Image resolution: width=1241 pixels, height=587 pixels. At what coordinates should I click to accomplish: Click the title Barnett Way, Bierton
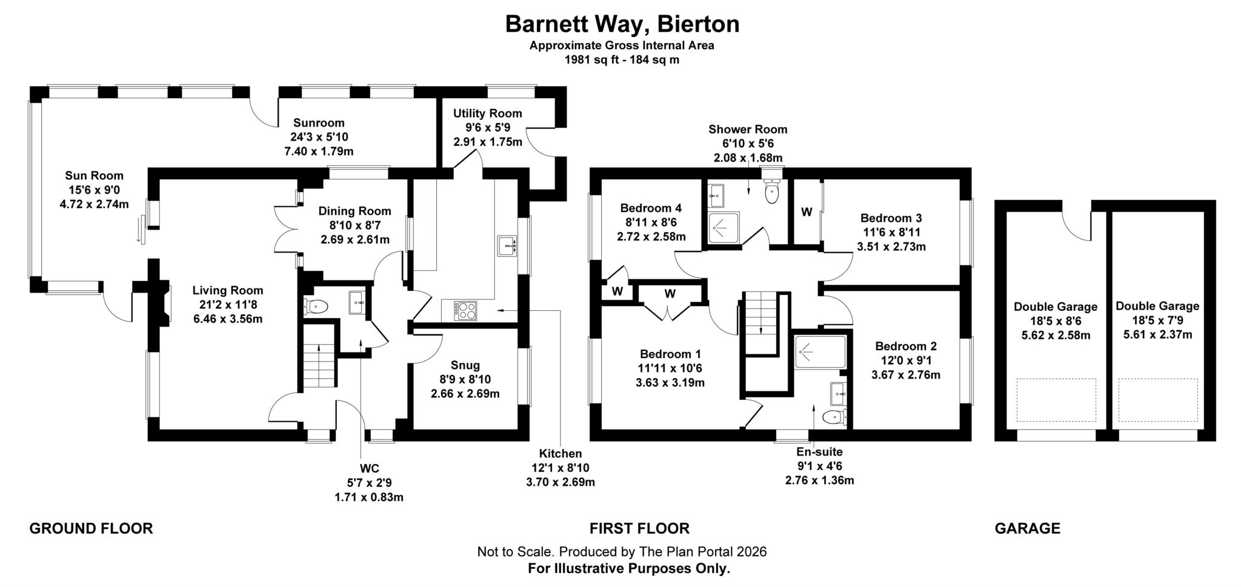tap(622, 24)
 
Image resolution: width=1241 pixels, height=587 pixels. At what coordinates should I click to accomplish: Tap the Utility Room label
tap(487, 113)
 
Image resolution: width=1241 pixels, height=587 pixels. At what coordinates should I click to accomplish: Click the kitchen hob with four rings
tap(465, 311)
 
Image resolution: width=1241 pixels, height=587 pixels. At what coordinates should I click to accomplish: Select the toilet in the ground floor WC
tap(315, 307)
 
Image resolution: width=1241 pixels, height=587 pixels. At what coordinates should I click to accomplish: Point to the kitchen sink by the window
tap(506, 247)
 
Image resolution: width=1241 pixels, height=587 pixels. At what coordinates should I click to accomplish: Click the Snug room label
tap(465, 365)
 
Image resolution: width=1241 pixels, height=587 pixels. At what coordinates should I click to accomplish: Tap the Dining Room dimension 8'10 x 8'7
tap(354, 225)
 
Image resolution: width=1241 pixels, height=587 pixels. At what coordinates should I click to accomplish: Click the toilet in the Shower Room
tap(771, 193)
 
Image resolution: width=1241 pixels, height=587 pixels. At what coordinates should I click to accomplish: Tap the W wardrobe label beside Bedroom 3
tap(807, 212)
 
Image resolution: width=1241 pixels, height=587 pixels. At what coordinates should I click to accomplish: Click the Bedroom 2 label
tap(905, 347)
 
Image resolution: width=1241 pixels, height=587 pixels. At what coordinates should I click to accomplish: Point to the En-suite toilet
tap(835, 417)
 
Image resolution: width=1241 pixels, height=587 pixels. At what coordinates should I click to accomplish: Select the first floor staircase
tap(761, 321)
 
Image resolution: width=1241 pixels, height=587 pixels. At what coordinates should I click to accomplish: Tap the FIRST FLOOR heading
tap(639, 528)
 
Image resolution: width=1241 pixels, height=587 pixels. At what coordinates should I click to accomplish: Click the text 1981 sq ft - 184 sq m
tap(622, 60)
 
